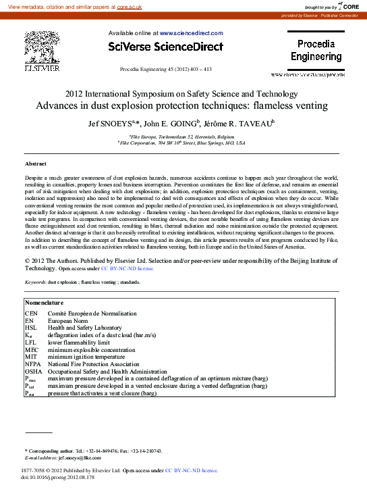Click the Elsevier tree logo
coord(42,49)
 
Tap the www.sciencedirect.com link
coord(191,32)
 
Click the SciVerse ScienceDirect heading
coord(165,47)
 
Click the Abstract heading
coord(36,164)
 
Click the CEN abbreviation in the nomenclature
coord(32,314)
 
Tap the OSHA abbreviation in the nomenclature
coord(34,372)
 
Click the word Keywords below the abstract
coord(35,282)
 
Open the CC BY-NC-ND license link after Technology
coord(128,268)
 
